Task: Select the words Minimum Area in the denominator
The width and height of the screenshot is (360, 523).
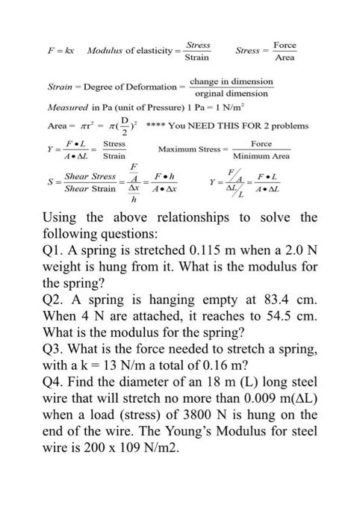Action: pyautogui.click(x=261, y=157)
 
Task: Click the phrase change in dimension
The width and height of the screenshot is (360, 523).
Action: pyautogui.click(x=232, y=81)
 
